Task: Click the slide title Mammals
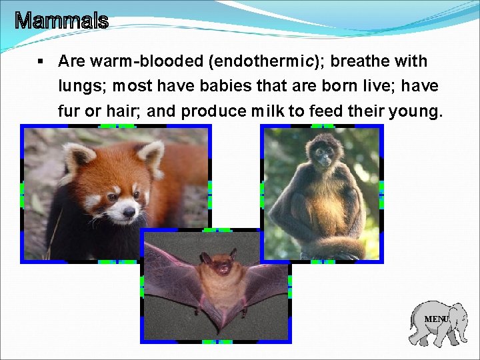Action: [61, 21]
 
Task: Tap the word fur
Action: [68, 111]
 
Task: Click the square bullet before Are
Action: [41, 62]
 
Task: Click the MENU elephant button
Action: [437, 321]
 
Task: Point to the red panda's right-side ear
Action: [152, 155]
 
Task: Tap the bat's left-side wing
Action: [170, 273]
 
